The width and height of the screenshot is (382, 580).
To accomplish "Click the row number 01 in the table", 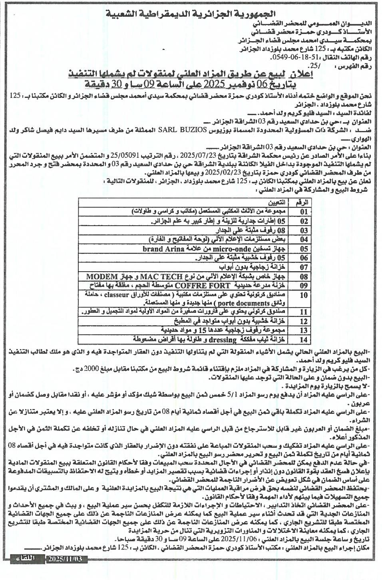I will pos(304,211).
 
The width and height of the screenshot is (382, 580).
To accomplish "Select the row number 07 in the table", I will pos(304,267).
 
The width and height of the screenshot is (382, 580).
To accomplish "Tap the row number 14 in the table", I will pos(304,340).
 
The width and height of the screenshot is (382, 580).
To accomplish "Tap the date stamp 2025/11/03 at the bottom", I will pos(66,559).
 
